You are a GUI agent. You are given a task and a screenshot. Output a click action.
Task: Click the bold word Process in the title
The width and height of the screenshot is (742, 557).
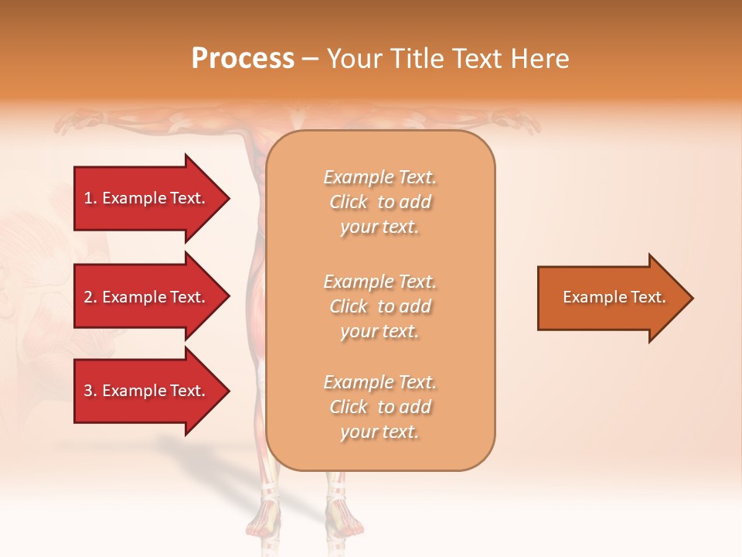243,59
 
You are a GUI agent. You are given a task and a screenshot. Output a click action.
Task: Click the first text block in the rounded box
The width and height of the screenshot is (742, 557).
380,202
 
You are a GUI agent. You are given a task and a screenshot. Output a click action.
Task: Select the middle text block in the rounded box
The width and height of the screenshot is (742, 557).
380,306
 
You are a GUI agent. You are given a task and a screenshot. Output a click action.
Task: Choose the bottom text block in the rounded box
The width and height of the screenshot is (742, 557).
380,407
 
